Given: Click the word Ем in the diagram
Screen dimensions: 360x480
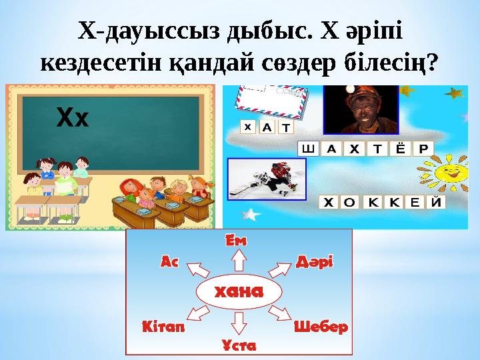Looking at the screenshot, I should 236,241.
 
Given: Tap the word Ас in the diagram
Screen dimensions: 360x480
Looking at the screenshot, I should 171,262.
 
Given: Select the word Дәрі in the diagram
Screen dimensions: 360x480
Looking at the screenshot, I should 314,261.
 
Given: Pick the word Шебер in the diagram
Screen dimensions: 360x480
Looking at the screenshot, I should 321,327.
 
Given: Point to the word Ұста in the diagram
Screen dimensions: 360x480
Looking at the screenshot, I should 239,345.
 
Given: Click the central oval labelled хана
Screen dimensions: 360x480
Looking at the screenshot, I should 238,292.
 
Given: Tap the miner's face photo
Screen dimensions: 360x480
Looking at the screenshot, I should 361,110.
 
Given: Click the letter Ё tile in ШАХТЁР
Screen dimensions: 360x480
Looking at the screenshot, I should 399,149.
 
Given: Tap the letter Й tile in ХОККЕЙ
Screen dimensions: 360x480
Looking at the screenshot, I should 436,202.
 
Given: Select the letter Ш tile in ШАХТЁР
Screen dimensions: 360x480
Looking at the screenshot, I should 307,149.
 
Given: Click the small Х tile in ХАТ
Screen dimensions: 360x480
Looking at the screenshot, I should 247,125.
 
